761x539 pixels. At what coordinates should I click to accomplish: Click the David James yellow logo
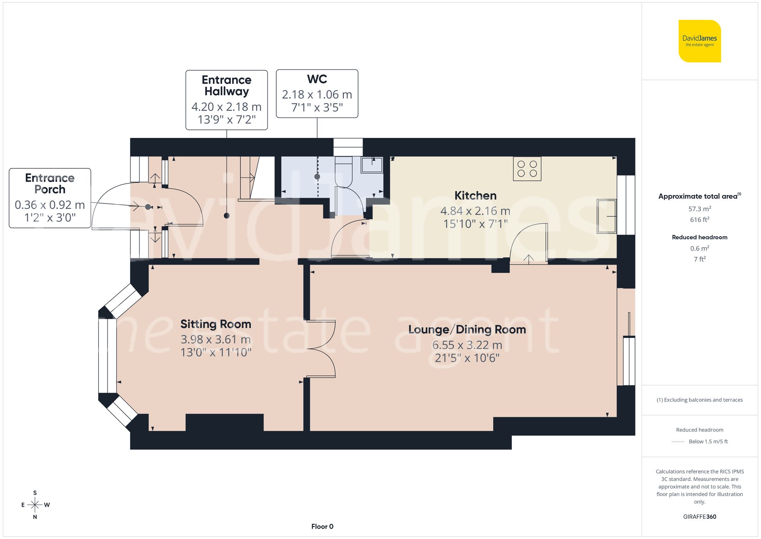coord(699,41)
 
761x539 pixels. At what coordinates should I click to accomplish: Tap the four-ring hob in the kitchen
coord(527,169)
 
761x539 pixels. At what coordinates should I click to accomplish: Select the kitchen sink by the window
coord(607,216)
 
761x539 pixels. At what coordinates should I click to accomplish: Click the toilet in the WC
coord(344,171)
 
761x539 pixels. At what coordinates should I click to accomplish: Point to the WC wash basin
coord(372,165)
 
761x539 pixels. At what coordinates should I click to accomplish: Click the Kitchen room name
coord(475,196)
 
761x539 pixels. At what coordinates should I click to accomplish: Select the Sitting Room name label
coord(215,324)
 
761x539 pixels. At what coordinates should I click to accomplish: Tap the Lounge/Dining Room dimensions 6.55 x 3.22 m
coord(467,345)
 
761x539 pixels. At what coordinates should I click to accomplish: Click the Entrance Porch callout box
coord(50,198)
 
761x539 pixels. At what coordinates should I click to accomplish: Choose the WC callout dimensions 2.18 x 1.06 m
coord(317,94)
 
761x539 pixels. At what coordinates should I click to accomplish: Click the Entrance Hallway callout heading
coord(226,86)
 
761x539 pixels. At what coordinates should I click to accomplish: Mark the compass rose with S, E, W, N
coord(35,505)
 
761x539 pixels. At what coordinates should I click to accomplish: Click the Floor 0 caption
coord(322,526)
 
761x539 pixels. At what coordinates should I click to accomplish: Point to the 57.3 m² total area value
coord(699,209)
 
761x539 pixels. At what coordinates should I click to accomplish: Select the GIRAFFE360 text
coord(699,517)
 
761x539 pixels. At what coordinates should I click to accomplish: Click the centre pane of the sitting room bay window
coord(107,356)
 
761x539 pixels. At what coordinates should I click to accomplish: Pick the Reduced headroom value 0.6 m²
coord(699,248)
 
